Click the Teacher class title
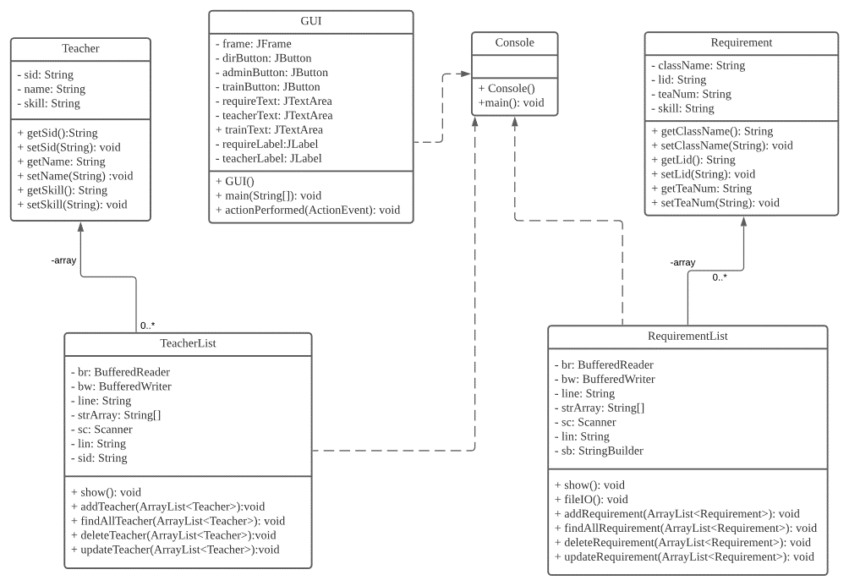[x=80, y=48]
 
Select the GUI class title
[x=311, y=21]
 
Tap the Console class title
[x=514, y=42]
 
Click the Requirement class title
[x=742, y=42]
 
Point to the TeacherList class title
[x=189, y=344]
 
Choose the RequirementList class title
[x=687, y=336]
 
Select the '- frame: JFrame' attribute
[x=252, y=44]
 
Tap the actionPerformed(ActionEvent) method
[x=309, y=209]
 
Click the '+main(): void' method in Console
[x=511, y=103]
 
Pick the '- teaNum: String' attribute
[x=691, y=94]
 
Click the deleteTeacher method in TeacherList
[x=175, y=534]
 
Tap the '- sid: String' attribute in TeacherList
[x=99, y=457]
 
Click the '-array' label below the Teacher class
[x=63, y=260]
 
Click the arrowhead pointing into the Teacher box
[x=80, y=227]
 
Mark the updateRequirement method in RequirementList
[x=684, y=556]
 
